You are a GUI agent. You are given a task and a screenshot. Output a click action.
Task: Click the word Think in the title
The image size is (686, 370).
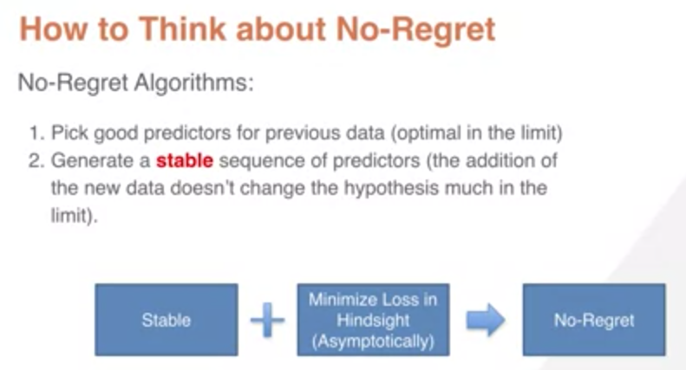click(x=182, y=29)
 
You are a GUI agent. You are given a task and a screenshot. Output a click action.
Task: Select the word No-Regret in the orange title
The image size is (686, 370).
click(x=415, y=29)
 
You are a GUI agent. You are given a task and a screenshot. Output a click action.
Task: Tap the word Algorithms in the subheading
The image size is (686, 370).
click(x=193, y=82)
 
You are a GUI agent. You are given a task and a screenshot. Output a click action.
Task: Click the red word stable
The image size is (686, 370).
click(x=185, y=160)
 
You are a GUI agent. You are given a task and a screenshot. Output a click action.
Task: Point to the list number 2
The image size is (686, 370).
click(x=36, y=160)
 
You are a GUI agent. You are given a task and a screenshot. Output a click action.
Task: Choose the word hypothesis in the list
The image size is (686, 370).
click(x=391, y=189)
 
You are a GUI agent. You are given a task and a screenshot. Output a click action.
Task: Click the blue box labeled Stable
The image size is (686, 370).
click(x=167, y=319)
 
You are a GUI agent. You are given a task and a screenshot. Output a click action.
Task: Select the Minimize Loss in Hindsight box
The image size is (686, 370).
click(x=373, y=319)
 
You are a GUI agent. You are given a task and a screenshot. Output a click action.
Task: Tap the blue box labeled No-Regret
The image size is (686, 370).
click(x=594, y=319)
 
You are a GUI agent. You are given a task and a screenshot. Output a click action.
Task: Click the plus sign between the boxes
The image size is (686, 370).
click(x=267, y=320)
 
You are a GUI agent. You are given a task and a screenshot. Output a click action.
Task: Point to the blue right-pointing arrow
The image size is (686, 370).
click(x=486, y=320)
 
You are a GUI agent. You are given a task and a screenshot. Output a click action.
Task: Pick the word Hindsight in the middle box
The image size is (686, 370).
click(x=373, y=321)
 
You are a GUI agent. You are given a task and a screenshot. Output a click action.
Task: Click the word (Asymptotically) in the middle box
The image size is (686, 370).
click(x=373, y=341)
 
